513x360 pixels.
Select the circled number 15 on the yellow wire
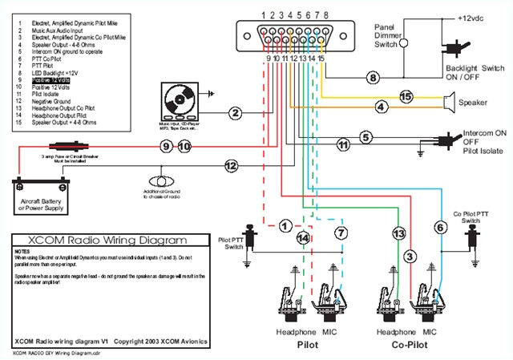click(x=406, y=97)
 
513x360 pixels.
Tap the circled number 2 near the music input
click(x=235, y=113)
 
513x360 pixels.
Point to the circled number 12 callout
click(x=231, y=166)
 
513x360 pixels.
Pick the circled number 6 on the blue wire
click(x=440, y=228)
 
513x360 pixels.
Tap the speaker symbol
click(x=450, y=101)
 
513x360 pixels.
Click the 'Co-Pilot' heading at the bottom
click(x=411, y=345)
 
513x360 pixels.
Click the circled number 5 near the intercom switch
click(x=388, y=136)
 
